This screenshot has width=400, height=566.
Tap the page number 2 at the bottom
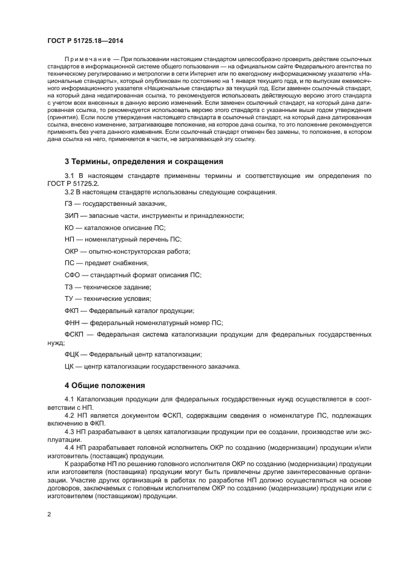(x=49, y=514)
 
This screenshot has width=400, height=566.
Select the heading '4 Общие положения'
(x=105, y=384)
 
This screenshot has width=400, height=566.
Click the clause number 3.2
(x=70, y=192)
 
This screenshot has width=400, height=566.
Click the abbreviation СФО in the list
(x=73, y=275)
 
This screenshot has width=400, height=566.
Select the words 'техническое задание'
(x=116, y=287)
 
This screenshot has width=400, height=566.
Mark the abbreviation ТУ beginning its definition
(x=69, y=298)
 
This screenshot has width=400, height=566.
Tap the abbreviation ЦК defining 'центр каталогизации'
(x=69, y=366)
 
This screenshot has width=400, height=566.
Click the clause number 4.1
(x=70, y=399)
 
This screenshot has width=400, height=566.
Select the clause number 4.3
(x=70, y=433)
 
